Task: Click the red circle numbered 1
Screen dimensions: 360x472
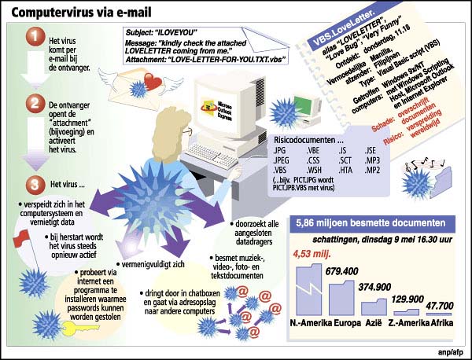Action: pos(34,37)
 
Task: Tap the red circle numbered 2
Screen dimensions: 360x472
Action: pos(34,104)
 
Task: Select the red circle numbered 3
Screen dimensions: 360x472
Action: pos(34,186)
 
